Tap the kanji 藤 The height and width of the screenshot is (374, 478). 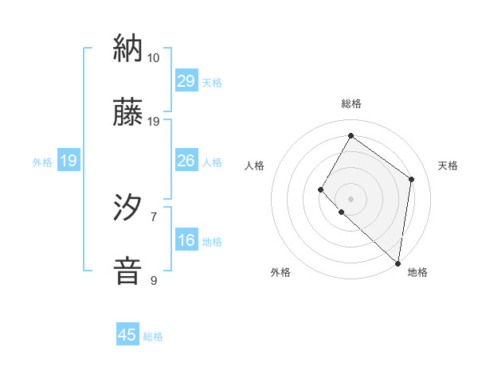coord(128,112)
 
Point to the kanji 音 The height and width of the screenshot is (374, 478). coord(128,270)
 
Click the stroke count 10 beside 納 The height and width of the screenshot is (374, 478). coord(153,58)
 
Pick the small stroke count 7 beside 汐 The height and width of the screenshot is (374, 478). coord(153,216)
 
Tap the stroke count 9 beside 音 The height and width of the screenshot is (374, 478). coord(153,280)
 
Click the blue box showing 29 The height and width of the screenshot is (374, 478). coord(186,81)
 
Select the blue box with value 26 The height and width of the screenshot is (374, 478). coord(186,161)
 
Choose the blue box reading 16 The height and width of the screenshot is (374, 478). coord(186,240)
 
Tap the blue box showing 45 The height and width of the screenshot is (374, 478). coord(127,335)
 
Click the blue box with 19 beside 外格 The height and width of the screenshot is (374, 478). coord(69,161)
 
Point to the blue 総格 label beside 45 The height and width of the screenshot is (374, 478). coord(153,337)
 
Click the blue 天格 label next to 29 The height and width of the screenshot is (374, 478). coord(211,83)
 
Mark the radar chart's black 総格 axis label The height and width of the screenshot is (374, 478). coord(351,103)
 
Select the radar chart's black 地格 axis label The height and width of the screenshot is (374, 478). coord(417,273)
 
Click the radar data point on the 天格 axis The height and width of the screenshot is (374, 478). coord(411,179)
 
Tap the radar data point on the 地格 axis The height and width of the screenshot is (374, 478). coord(398,263)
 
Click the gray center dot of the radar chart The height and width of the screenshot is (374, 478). coord(351,198)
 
